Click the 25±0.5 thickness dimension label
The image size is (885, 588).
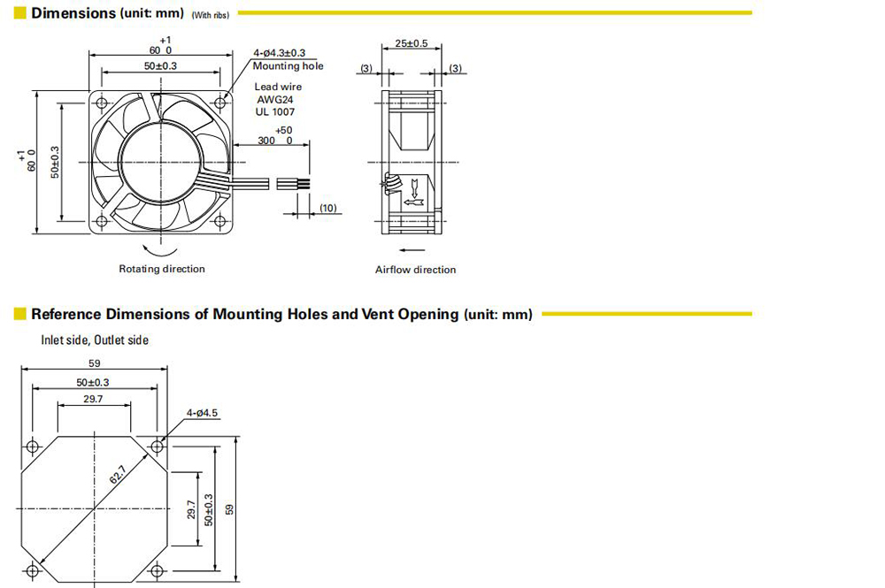point(411,43)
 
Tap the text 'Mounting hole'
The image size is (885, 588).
point(288,66)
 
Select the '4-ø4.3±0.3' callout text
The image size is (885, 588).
point(279,53)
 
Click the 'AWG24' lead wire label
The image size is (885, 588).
point(275,99)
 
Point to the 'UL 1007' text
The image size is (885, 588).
point(275,111)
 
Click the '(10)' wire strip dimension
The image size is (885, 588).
point(328,208)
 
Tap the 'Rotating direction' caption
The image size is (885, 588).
point(162,269)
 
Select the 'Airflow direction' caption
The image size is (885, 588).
point(415,270)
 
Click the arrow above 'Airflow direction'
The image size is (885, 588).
point(412,249)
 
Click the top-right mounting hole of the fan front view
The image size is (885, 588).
point(220,103)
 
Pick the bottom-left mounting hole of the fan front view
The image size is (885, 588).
point(102,221)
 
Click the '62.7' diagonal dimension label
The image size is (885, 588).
point(118,475)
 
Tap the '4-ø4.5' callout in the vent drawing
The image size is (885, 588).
point(202,413)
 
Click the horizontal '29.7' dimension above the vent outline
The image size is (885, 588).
point(93,399)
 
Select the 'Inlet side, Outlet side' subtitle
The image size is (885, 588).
point(95,340)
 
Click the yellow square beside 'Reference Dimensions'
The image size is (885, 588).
point(19,313)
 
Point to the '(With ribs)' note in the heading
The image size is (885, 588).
point(211,15)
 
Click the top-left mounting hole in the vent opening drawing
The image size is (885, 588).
point(32,447)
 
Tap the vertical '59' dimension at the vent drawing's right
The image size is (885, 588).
point(228,509)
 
